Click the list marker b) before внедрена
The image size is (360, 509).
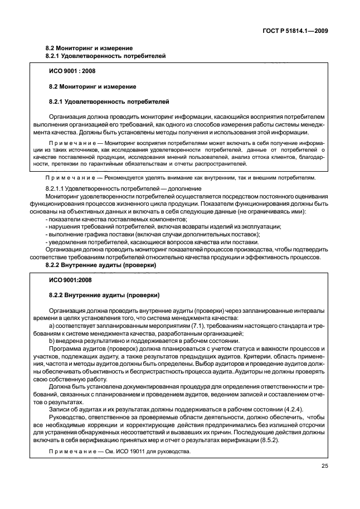click(x=52, y=341)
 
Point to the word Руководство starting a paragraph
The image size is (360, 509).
click(x=70, y=417)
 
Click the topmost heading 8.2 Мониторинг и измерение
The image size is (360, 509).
click(x=88, y=48)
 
